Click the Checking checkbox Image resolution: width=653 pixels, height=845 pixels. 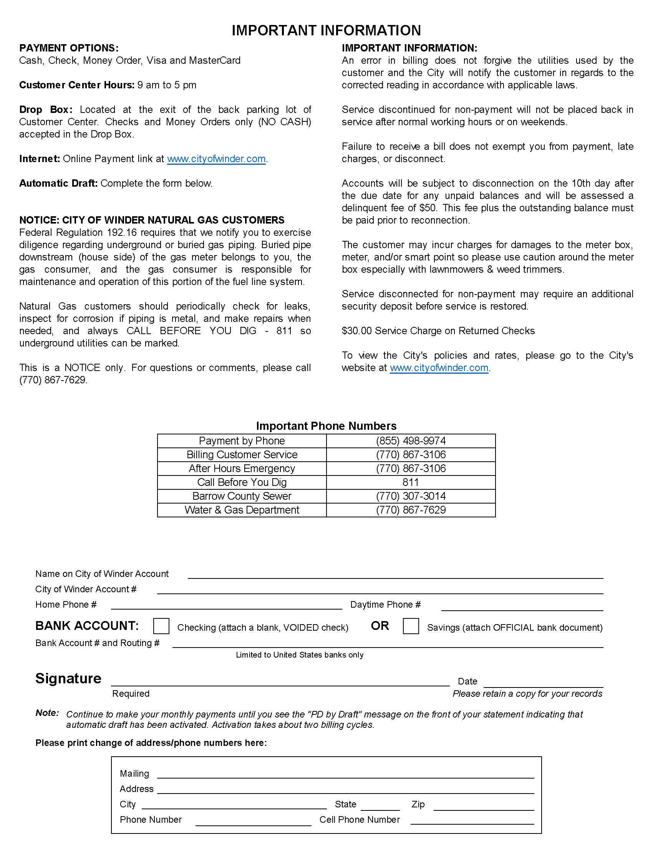coord(161,626)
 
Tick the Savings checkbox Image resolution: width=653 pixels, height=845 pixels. coord(411,626)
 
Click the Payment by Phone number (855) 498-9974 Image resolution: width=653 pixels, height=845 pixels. coord(411,441)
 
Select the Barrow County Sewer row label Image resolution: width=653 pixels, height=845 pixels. coord(242,496)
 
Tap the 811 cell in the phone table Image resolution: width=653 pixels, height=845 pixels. coord(411,482)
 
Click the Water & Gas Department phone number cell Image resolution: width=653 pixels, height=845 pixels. coord(411,510)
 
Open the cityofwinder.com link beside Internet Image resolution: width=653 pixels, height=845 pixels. coord(216,159)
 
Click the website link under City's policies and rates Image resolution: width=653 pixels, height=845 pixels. coord(439,368)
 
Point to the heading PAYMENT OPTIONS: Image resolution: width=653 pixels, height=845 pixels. coord(69,48)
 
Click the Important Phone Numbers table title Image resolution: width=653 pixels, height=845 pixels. coord(326,426)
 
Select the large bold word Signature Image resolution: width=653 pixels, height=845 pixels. coord(68,678)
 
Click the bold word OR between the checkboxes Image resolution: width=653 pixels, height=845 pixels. coord(380,626)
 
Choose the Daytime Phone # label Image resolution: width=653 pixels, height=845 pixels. coord(385,605)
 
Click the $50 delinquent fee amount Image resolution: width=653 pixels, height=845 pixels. coord(428,208)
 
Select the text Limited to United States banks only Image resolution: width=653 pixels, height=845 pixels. coord(300,655)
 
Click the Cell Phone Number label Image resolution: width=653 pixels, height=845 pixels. coord(360,820)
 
